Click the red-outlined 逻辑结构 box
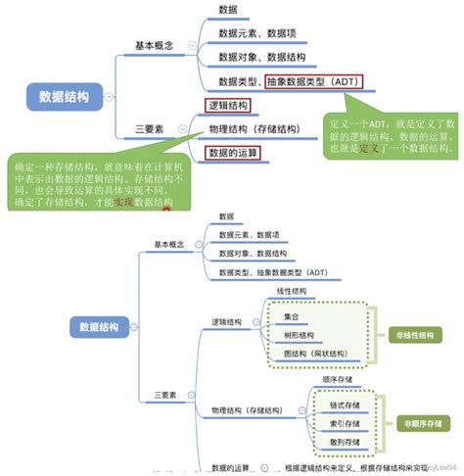coord(227,105)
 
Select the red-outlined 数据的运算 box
coord(233,153)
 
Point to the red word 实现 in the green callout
coord(121,201)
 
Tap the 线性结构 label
coord(291,291)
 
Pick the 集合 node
coord(292,316)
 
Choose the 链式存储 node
coord(345,405)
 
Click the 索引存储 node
coord(345,422)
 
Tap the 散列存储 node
coord(345,441)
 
